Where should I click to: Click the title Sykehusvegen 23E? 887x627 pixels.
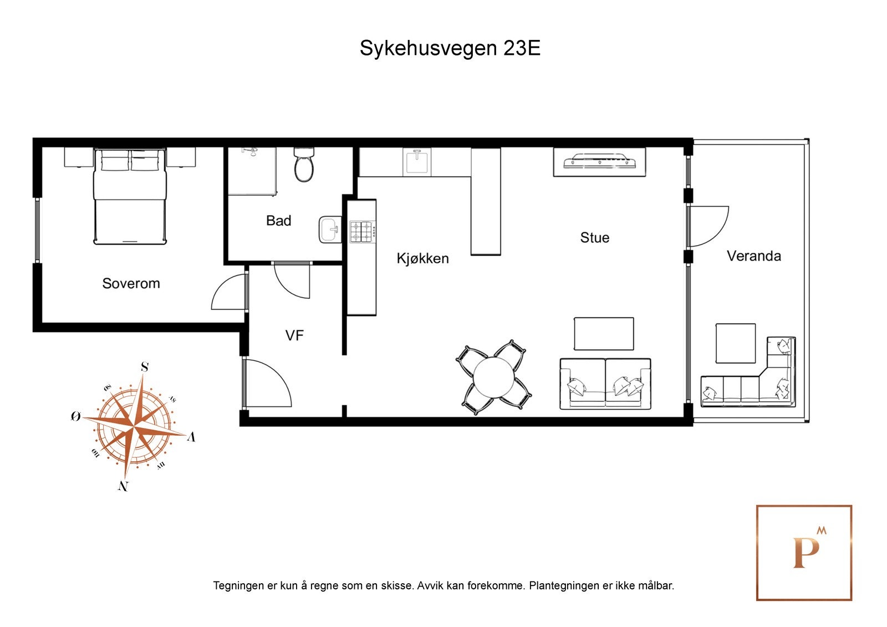click(450, 48)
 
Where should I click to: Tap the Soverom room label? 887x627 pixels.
click(131, 283)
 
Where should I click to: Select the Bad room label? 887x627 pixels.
click(278, 221)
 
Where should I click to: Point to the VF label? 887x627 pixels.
click(294, 335)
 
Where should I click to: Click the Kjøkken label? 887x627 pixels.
click(422, 258)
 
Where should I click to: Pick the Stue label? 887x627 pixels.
click(594, 238)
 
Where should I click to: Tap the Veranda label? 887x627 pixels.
click(753, 256)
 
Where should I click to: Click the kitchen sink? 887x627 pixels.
click(416, 162)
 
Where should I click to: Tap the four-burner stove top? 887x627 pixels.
click(361, 232)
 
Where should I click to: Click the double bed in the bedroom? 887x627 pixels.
click(130, 197)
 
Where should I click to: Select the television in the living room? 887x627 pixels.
click(599, 161)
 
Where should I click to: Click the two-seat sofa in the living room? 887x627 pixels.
click(605, 384)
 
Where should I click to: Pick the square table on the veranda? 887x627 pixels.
click(735, 343)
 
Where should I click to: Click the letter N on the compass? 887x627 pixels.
click(123, 486)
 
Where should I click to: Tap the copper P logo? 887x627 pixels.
click(804, 552)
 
